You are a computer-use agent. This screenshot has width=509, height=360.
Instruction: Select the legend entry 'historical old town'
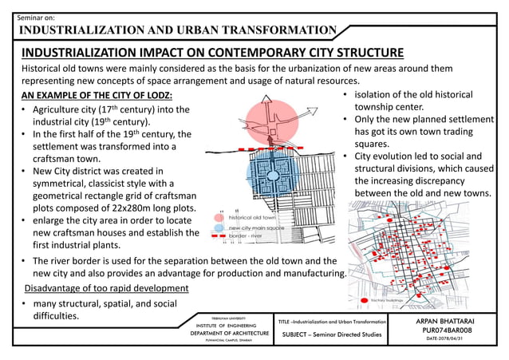pos(251,216)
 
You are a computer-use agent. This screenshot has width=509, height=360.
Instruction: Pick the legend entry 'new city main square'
pos(254,227)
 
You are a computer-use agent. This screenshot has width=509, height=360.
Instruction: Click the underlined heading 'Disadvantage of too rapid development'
pos(107,287)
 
